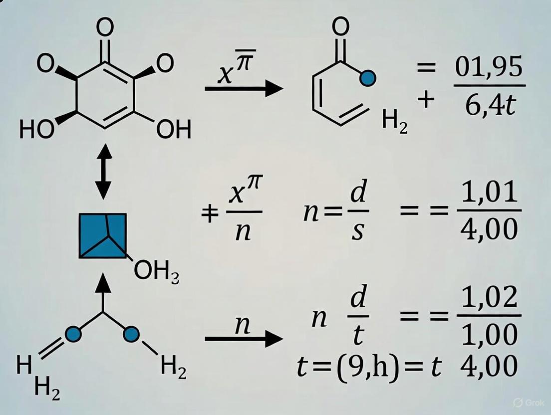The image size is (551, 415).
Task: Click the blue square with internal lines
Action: coord(103,235)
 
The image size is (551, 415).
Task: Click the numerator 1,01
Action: coord(489,193)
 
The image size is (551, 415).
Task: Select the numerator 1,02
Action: coord(489,298)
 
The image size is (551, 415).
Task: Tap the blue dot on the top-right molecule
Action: coord(368,77)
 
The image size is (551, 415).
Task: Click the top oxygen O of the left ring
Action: coord(104,28)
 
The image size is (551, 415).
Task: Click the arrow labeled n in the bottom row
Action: coord(244,339)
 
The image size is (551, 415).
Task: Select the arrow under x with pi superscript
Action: coord(244,89)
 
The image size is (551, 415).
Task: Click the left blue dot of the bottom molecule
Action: coord(73,334)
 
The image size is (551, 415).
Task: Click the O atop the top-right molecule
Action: coord(340,28)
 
